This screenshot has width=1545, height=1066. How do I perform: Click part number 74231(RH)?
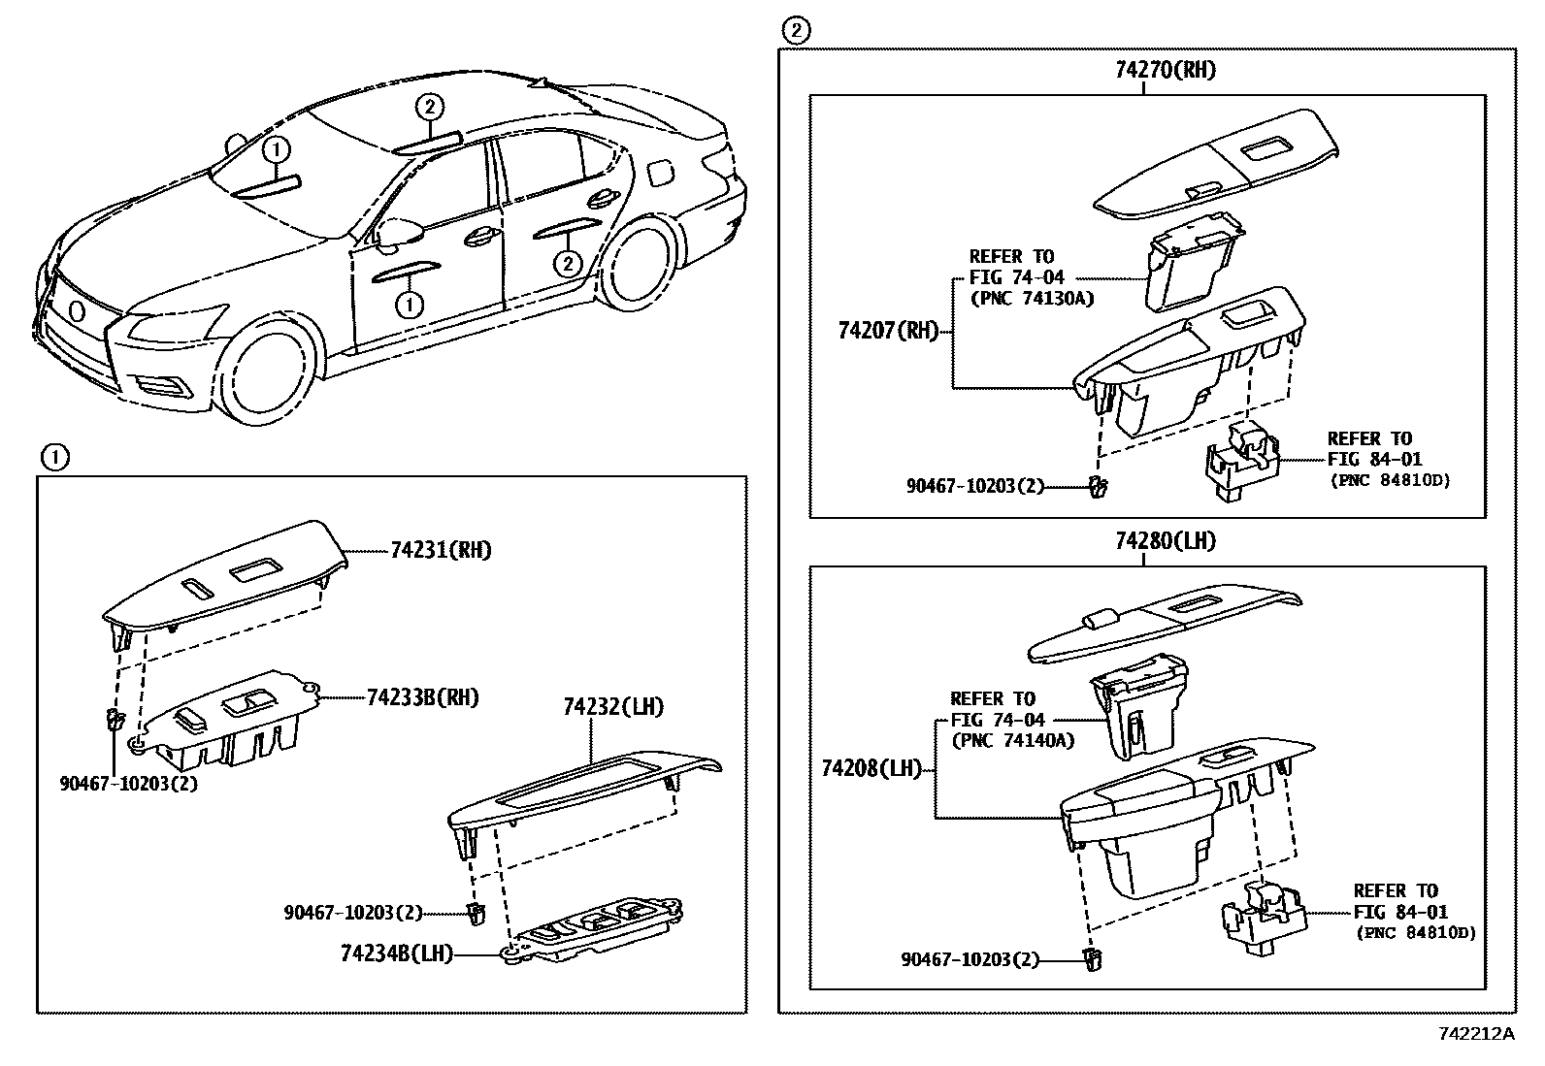441,551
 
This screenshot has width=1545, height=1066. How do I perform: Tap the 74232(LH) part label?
613,707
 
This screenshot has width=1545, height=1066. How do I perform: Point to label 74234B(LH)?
397,953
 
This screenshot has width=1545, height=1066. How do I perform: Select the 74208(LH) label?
871,769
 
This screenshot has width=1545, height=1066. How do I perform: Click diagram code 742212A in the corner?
1475,1034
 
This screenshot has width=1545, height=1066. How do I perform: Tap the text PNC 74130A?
1032,299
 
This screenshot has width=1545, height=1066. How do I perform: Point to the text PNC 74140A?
1012,741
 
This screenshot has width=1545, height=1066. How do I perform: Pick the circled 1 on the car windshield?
277,150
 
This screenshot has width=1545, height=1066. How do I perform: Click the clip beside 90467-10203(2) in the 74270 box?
1098,487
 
